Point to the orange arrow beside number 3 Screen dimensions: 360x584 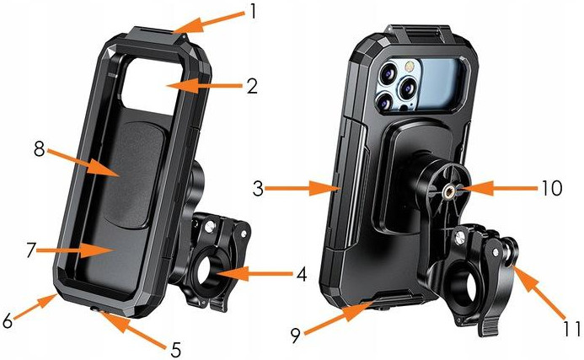coord(303,190)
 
